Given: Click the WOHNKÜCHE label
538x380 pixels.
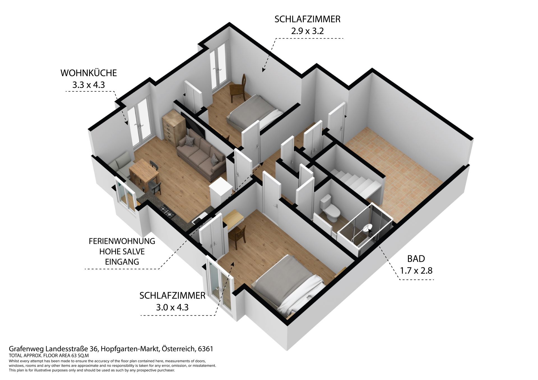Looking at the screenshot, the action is click(x=89, y=73).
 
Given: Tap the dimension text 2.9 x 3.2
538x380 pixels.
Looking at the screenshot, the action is click(x=307, y=31).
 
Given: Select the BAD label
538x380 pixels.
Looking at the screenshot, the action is click(x=416, y=259).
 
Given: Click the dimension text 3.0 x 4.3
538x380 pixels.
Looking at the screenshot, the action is click(x=172, y=307).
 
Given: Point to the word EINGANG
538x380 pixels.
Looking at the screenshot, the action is click(x=122, y=262).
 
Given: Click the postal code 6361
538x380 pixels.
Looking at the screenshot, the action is click(x=205, y=349).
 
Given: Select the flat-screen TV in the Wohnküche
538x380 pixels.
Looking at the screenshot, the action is click(x=193, y=125).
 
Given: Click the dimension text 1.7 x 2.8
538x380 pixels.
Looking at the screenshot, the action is click(x=416, y=271).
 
